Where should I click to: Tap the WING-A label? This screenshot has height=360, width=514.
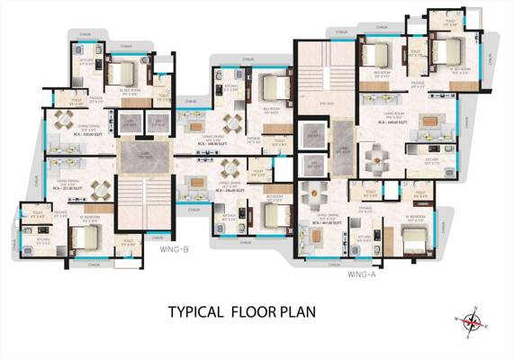361,276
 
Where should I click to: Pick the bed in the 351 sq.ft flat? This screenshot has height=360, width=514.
83,237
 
